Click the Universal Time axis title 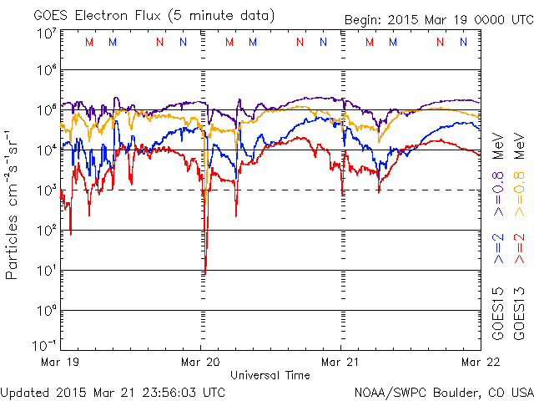(x=270, y=375)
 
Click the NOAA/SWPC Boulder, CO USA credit (x=442, y=391)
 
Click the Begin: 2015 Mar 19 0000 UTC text (x=436, y=18)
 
